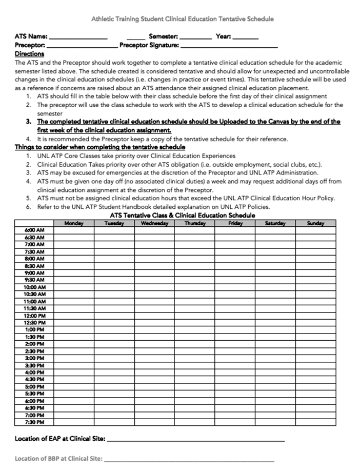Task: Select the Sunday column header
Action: pos(315,223)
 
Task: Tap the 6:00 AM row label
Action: pos(34,230)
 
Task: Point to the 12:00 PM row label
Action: pos(34,316)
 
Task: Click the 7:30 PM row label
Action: pos(34,422)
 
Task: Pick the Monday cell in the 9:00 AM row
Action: pos(74,273)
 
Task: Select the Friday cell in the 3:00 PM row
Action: pos(235,358)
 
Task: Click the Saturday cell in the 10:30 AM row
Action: pos(275,295)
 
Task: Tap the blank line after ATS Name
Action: pos(78,37)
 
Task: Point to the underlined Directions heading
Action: pos(29,53)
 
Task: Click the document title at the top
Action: pos(182,19)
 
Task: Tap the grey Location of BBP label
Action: pos(58,458)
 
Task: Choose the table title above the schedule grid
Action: pos(182,216)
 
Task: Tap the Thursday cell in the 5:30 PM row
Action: pos(195,394)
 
